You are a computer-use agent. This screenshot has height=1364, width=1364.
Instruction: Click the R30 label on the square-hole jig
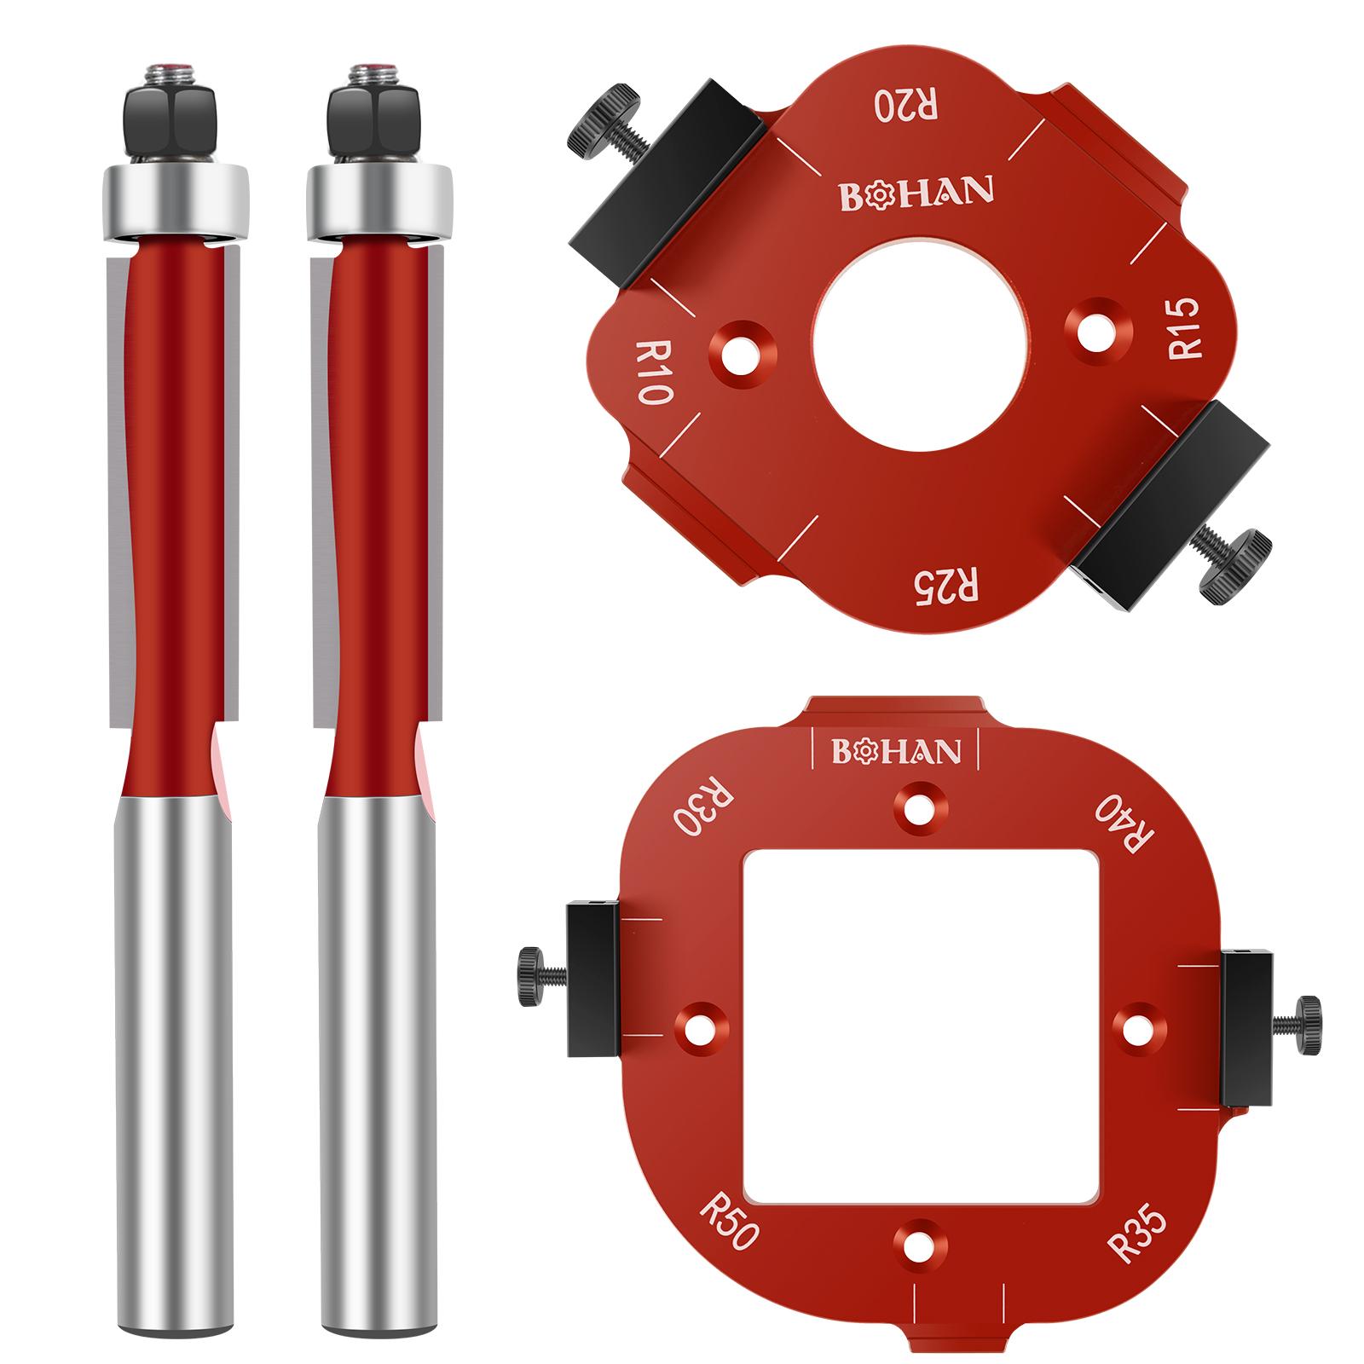tap(697, 807)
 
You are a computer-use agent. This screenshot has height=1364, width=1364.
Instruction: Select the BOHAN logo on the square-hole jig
tap(896, 751)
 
